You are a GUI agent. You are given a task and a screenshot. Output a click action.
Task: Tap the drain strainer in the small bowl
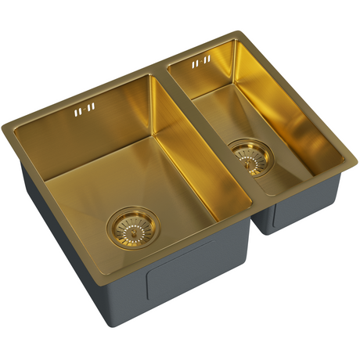pyautogui.click(x=249, y=155)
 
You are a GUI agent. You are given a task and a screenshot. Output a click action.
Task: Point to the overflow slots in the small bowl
pyautogui.click(x=200, y=62)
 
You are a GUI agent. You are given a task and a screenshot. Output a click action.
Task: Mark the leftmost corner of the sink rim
pyautogui.click(x=4, y=125)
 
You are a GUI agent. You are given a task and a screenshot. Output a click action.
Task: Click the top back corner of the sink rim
pyautogui.click(x=236, y=32)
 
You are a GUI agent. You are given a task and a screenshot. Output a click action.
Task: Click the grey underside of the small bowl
pyautogui.click(x=301, y=207)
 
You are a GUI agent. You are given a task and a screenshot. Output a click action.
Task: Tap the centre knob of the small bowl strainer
pyautogui.click(x=249, y=155)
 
